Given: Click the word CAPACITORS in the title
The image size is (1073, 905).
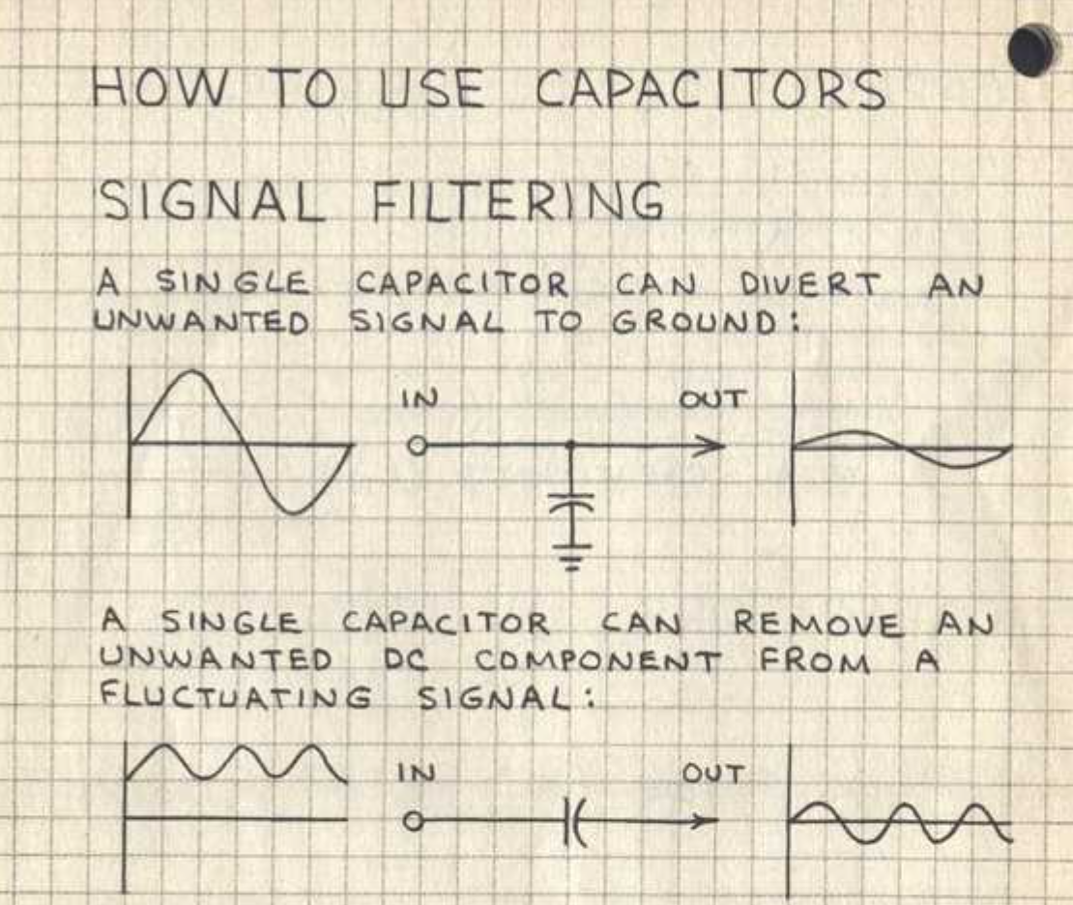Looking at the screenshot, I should click(710, 90).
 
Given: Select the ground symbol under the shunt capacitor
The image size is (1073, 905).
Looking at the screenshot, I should click(572, 555).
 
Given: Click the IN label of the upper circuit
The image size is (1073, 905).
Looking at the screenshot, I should click(418, 398).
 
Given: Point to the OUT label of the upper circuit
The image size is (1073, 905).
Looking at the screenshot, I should click(711, 397).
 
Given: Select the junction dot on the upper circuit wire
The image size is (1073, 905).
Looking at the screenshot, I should click(571, 446).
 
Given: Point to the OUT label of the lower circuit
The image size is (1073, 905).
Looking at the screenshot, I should click(712, 774).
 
